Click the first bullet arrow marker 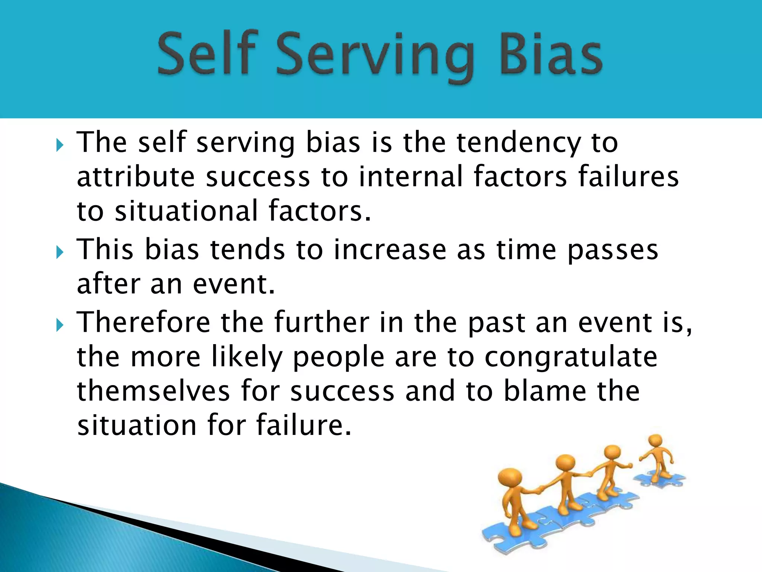[x=60, y=145]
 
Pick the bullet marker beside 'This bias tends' [x=60, y=252]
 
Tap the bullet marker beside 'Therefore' [x=60, y=325]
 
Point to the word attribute [x=136, y=177]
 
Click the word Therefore [x=144, y=322]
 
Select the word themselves [x=153, y=391]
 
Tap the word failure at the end [x=303, y=425]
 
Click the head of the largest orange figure [x=510, y=480]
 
